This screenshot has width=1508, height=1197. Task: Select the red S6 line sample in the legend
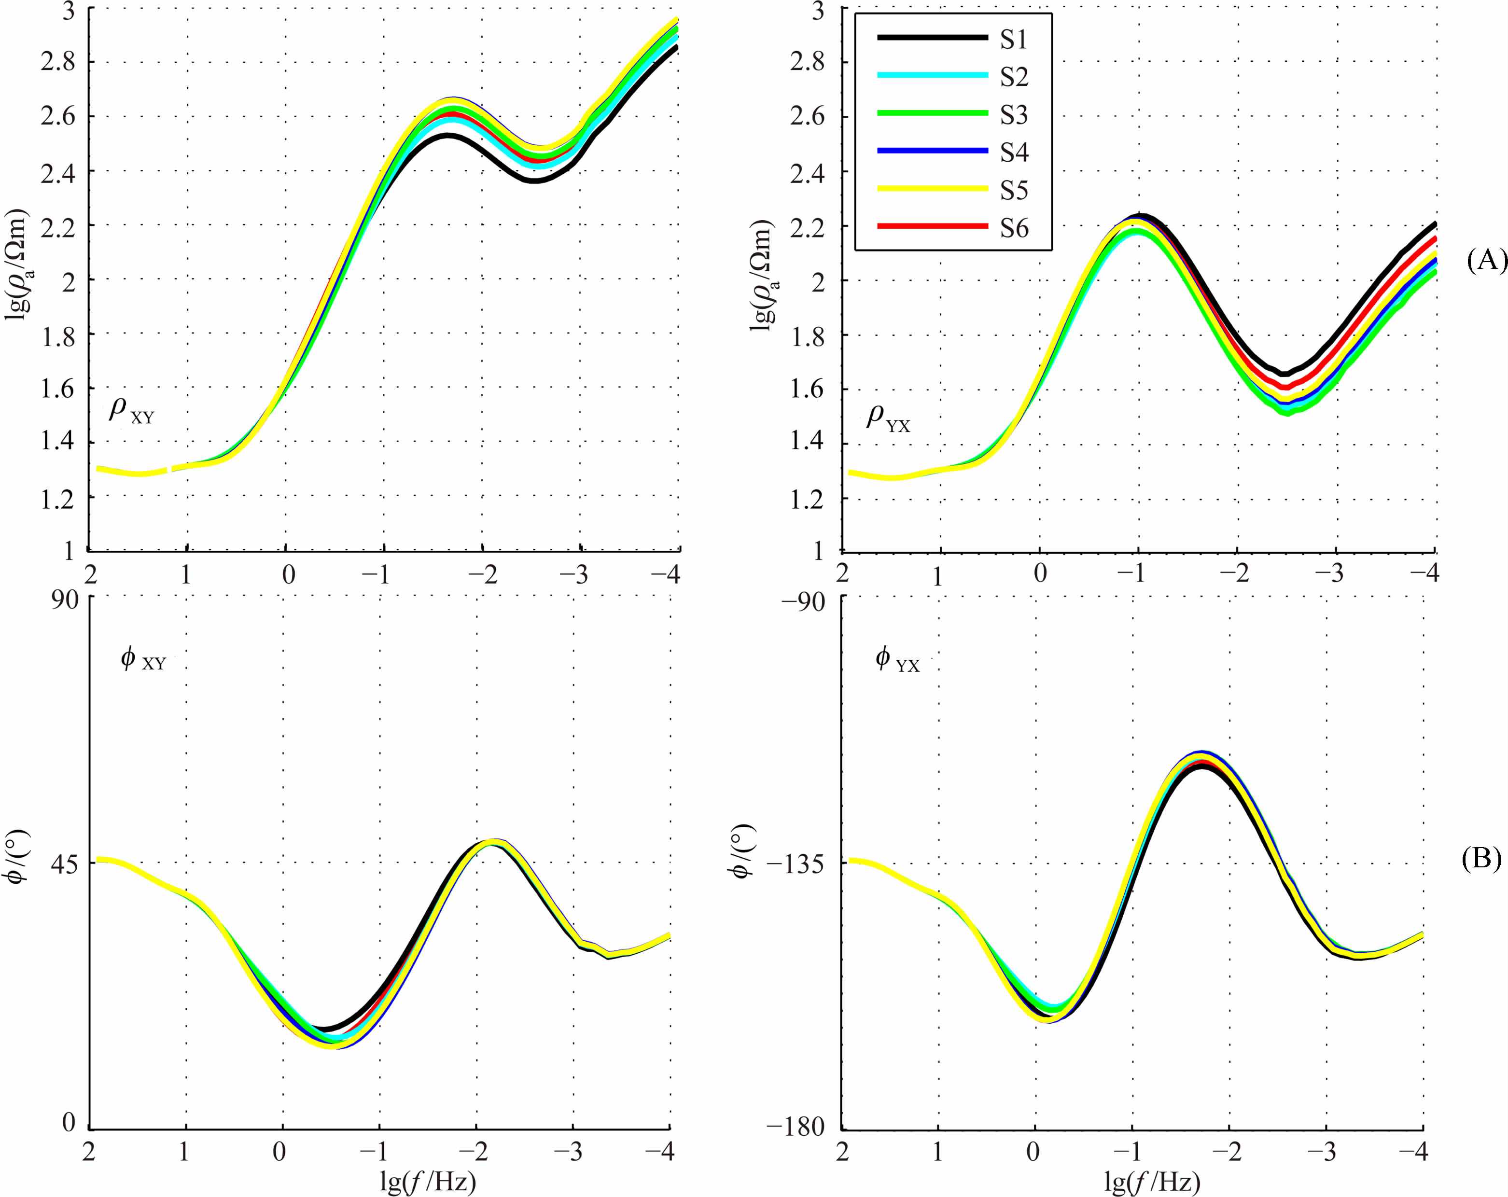coord(932,226)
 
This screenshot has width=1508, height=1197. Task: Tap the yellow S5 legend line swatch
coord(932,189)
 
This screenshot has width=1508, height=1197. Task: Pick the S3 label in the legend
coord(1014,115)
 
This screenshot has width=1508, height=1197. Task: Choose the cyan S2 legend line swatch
coord(932,75)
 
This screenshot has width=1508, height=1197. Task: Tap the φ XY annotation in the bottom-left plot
coord(143,659)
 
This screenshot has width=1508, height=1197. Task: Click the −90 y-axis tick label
coord(802,601)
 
